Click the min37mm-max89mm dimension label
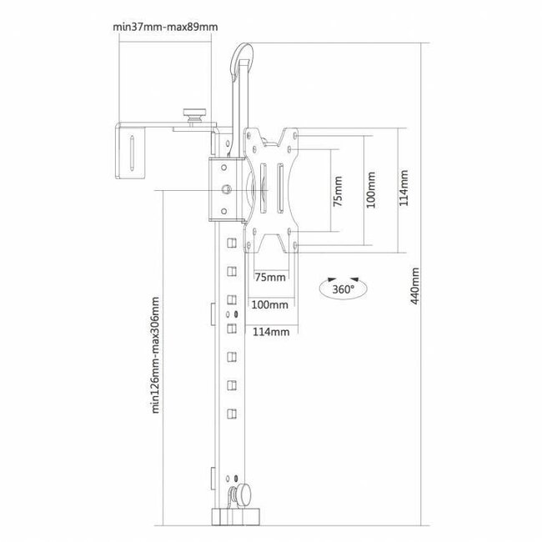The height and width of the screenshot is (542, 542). click(165, 27)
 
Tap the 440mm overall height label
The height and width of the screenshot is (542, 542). click(414, 285)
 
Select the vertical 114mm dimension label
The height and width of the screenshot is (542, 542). click(404, 188)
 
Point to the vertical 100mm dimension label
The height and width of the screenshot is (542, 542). click(371, 189)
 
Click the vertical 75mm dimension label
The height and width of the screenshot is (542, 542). click(338, 191)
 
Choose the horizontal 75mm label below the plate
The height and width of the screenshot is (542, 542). click(270, 277)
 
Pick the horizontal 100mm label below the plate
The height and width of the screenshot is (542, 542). click(269, 304)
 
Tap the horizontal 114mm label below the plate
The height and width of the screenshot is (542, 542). click(271, 332)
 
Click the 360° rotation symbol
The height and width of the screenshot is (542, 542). click(344, 288)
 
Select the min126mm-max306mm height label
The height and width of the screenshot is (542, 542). click(156, 355)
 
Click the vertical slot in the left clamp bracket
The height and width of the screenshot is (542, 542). click(132, 153)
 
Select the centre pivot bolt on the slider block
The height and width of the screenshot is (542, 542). click(226, 189)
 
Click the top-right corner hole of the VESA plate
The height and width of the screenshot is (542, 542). click(295, 135)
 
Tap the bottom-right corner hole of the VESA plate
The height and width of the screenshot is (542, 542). click(295, 245)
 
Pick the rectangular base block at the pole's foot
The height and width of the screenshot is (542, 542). click(235, 516)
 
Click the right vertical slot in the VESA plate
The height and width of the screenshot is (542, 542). click(280, 188)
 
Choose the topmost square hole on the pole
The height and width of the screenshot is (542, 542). click(232, 243)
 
